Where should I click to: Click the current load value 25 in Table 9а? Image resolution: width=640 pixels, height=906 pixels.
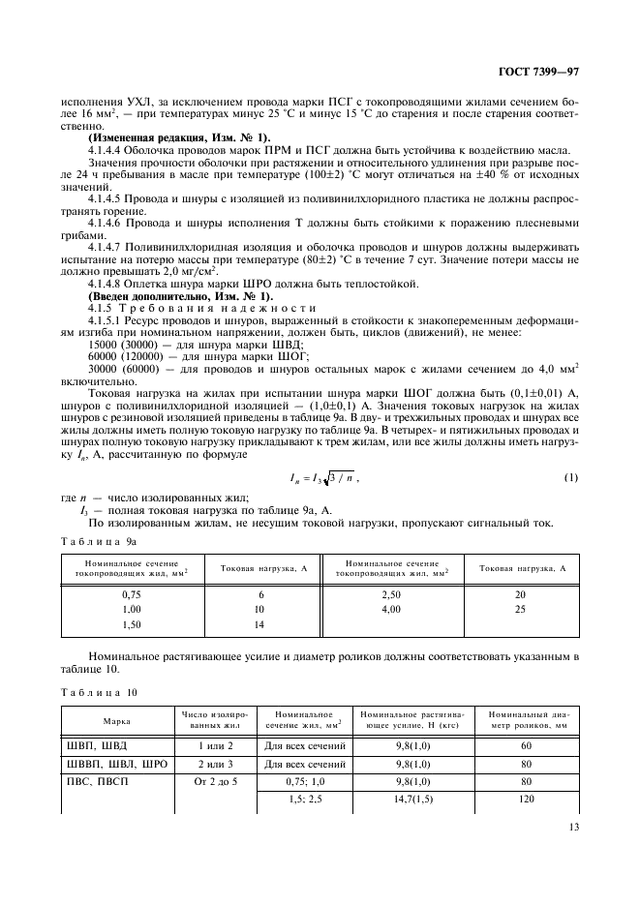522,609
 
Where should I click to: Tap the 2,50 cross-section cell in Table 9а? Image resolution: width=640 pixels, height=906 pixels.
391,594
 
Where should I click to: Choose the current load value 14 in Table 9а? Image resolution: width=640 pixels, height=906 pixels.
259,624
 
